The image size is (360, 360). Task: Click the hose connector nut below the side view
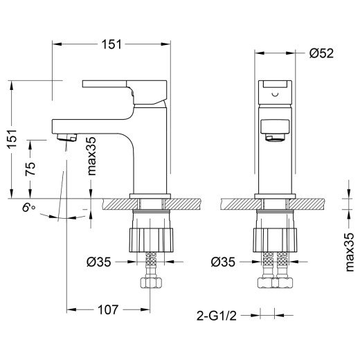(x=150, y=283)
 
